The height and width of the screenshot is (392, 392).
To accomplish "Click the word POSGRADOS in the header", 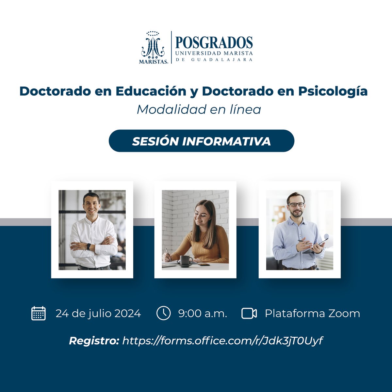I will tap(214, 43).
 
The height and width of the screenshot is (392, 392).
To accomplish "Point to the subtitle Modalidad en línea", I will tap(199, 109).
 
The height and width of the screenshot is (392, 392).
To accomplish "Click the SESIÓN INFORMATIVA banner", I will tap(201, 141).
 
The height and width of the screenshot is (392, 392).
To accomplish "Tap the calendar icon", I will tap(38, 313).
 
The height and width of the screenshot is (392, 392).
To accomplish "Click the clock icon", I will tap(163, 313).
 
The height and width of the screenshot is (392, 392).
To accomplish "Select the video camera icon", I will tap(249, 313).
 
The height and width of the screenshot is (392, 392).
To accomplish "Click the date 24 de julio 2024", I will tap(98, 314).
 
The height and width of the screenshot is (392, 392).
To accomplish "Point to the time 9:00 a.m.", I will tap(202, 314).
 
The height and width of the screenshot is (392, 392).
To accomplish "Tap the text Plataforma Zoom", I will tap(312, 314).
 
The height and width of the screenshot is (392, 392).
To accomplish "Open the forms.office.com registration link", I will tap(222, 341).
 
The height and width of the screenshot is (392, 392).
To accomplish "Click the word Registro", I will tap(94, 341).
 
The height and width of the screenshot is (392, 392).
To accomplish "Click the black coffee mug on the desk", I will tap(186, 261).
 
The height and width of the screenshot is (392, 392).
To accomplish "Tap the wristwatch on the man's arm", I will tap(89, 247).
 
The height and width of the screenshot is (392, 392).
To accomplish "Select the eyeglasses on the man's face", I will tap(296, 204).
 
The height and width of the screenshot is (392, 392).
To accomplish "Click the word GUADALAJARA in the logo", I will tap(214, 60).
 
